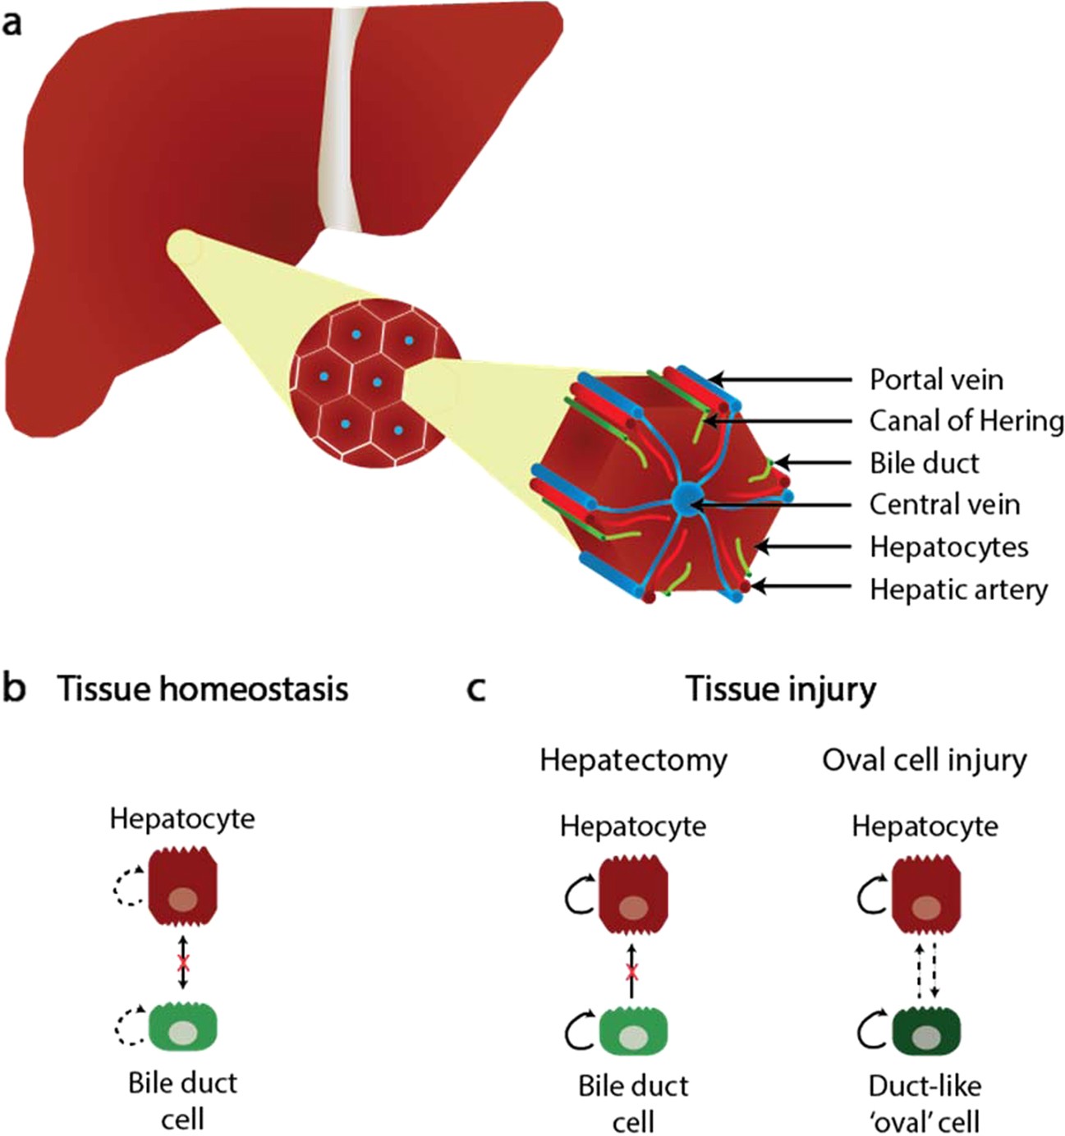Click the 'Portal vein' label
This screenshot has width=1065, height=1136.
pyautogui.click(x=936, y=379)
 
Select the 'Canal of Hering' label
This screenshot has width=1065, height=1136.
pyautogui.click(x=966, y=421)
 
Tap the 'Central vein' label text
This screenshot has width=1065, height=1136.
pyautogui.click(x=944, y=504)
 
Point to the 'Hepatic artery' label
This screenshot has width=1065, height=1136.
pyautogui.click(x=958, y=589)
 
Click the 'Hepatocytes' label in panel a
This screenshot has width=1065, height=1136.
pyautogui.click(x=948, y=547)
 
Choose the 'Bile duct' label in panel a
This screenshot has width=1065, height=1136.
pyautogui.click(x=924, y=463)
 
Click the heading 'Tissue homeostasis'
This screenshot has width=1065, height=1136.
pyautogui.click(x=202, y=689)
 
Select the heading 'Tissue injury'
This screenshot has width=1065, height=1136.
pyautogui.click(x=781, y=689)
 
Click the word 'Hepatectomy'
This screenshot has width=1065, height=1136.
pyautogui.click(x=633, y=760)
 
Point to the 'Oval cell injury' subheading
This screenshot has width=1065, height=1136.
pyautogui.click(x=925, y=760)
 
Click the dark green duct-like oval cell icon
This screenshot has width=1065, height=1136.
pyautogui.click(x=925, y=1031)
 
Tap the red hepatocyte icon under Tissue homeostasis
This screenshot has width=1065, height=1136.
pyautogui.click(x=183, y=894)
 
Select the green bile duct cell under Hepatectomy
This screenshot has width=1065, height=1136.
pyautogui.click(x=633, y=1031)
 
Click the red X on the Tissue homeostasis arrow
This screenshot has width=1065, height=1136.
pyautogui.click(x=183, y=962)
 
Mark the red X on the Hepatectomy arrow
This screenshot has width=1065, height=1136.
pyautogui.click(x=631, y=973)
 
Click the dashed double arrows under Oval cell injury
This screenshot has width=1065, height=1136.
pyautogui.click(x=927, y=971)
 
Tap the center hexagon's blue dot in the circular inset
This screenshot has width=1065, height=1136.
pyautogui.click(x=377, y=382)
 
